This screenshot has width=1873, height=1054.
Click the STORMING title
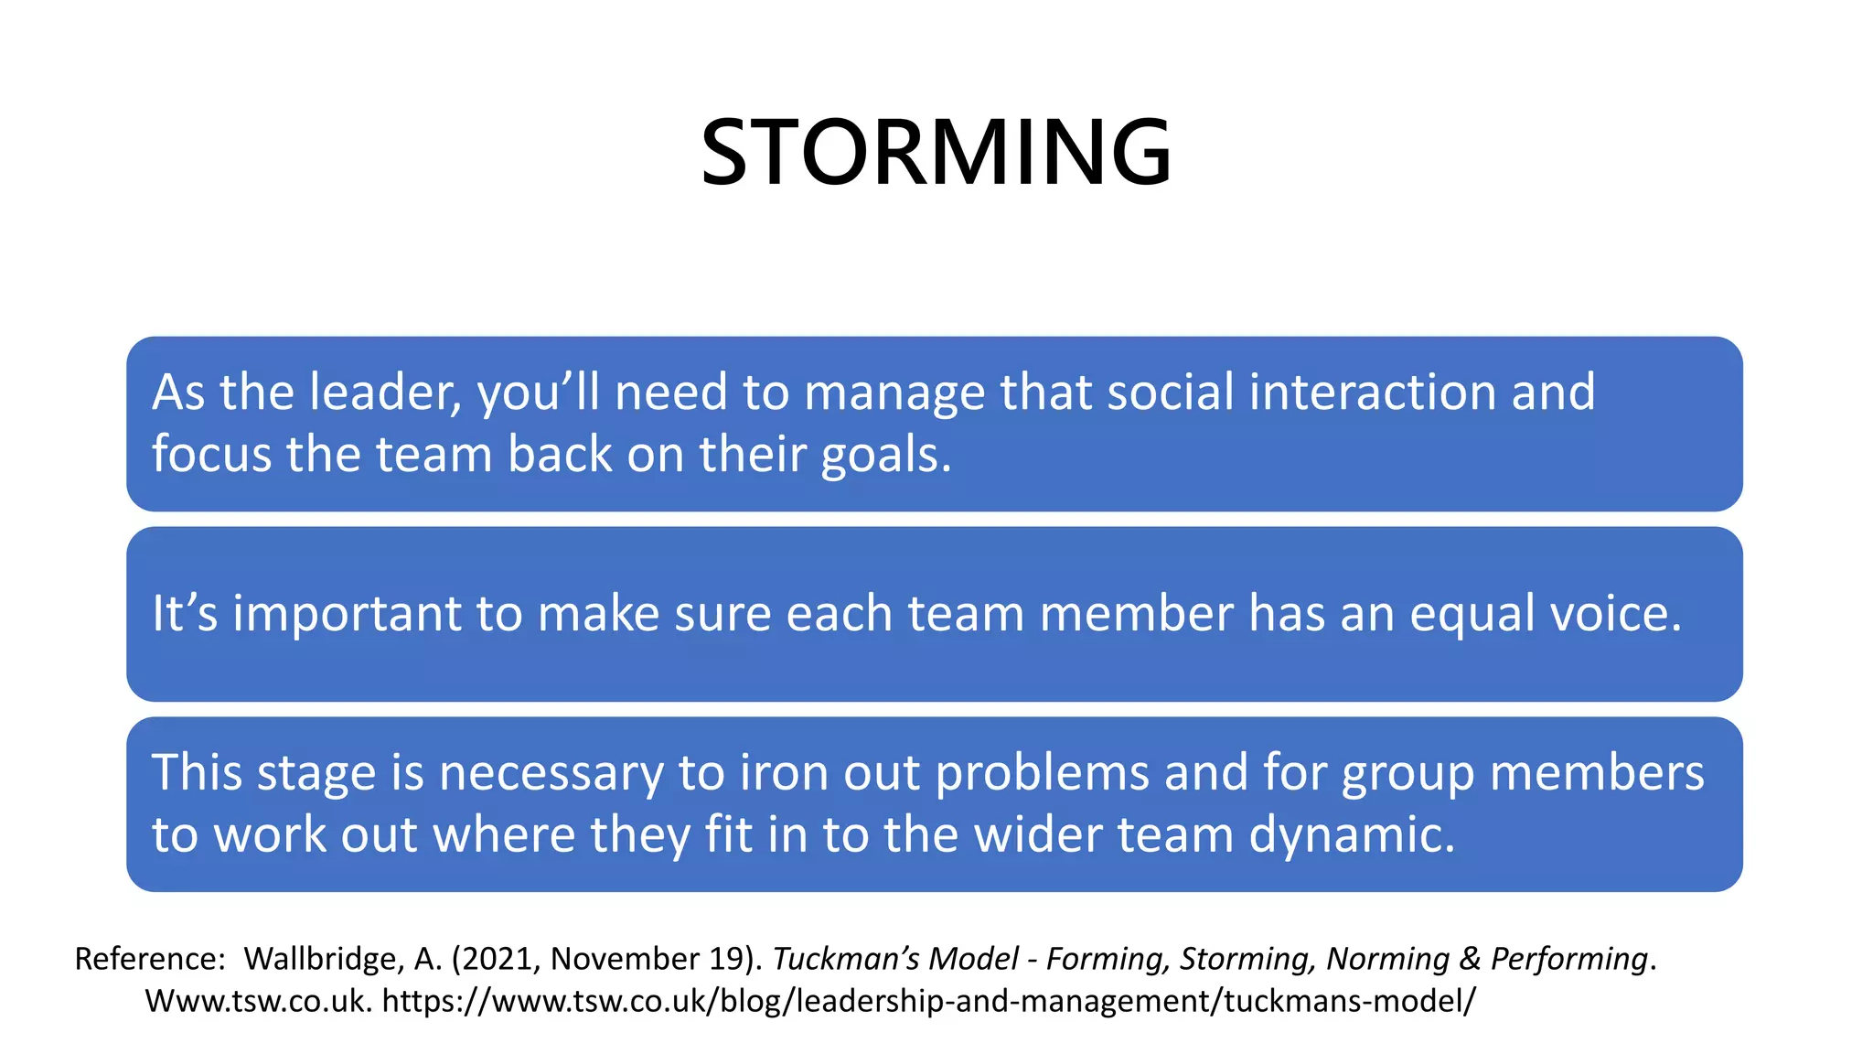[936, 152]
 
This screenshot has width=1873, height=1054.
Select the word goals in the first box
[885, 455]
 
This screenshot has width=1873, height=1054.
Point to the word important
[346, 613]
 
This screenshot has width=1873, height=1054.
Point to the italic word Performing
[1569, 959]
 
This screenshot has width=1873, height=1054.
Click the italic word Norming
[1387, 959]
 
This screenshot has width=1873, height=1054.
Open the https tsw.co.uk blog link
[928, 1001]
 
